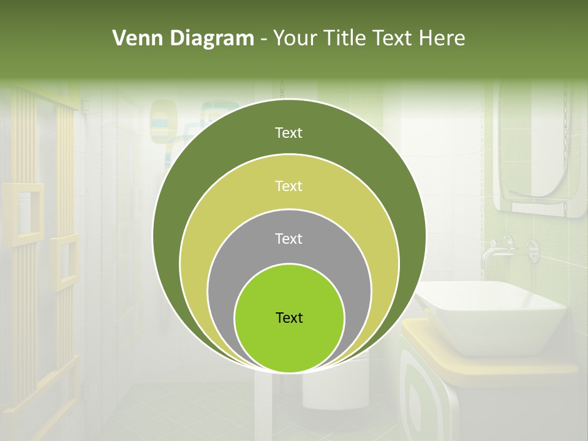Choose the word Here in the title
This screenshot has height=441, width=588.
[x=442, y=38]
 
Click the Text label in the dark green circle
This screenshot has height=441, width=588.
[x=289, y=133]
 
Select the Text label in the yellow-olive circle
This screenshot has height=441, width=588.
[x=289, y=186]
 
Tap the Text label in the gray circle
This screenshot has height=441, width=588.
[x=289, y=238]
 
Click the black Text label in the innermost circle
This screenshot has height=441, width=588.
[x=289, y=318]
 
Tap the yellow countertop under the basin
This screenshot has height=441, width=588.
[x=551, y=365]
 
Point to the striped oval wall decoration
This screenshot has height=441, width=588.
[x=163, y=119]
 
